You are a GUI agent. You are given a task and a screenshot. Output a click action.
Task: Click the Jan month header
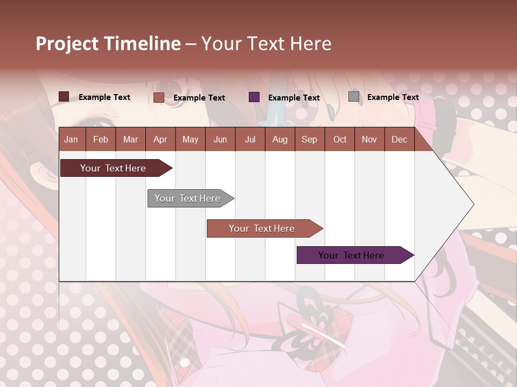(x=71, y=139)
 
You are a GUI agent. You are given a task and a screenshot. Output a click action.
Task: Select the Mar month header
(x=130, y=139)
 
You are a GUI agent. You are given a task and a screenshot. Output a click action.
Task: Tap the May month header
(x=190, y=139)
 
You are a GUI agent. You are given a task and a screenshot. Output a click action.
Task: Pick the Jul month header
(x=250, y=139)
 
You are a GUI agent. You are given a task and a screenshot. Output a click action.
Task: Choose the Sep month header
(x=309, y=139)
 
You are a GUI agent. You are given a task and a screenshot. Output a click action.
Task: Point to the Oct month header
(x=340, y=139)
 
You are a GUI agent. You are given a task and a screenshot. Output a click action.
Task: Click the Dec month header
(x=399, y=139)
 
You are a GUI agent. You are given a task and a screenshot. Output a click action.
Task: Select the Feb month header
(x=101, y=139)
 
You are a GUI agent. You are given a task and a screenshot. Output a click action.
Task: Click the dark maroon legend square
(x=64, y=97)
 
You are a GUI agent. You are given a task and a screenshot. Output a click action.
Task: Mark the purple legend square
(x=254, y=97)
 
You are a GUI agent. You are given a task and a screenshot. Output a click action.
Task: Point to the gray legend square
(x=354, y=97)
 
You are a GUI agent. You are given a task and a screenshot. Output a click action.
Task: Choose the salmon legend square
(x=159, y=97)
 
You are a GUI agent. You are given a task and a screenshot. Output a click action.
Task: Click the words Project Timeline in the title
(x=108, y=44)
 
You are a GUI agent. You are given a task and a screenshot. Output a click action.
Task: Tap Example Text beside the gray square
(x=393, y=97)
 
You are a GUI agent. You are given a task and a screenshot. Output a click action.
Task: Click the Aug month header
(x=280, y=139)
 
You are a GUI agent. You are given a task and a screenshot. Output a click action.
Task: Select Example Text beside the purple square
(x=294, y=98)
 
